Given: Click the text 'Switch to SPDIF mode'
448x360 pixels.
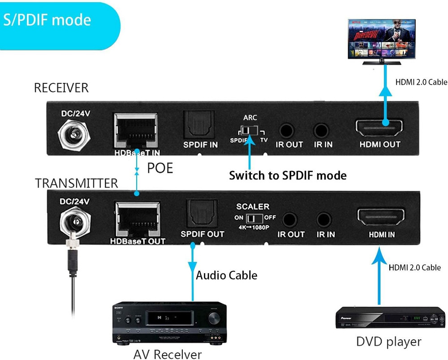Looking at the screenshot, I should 288,175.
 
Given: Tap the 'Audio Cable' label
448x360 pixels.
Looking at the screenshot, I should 227,275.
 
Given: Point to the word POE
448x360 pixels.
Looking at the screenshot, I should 160,168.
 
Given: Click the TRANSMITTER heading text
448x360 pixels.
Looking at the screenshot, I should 77,184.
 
